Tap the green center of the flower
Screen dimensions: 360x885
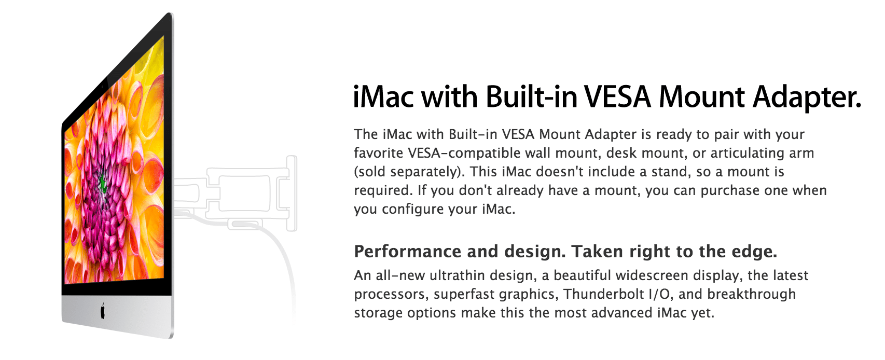pyautogui.click(x=103, y=184)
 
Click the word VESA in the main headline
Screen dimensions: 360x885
pyautogui.click(x=618, y=97)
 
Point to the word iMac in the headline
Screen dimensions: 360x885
pyautogui.click(x=383, y=97)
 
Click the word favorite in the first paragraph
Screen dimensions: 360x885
pyautogui.click(x=379, y=153)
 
